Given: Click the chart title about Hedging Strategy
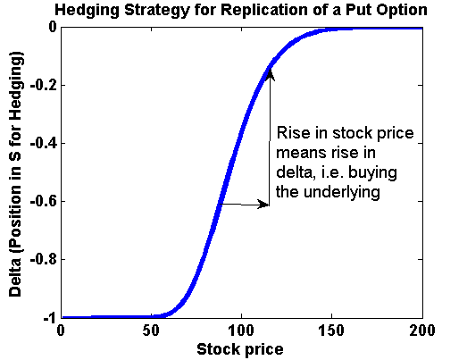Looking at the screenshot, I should point(239,12).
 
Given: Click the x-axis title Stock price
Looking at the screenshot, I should point(239,348).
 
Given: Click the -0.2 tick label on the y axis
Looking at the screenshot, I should point(41,85).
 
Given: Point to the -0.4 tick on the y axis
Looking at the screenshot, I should point(41,143).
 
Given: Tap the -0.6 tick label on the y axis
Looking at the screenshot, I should point(41,201).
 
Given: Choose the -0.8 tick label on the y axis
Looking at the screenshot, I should point(41,259).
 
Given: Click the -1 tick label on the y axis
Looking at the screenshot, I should point(46,317).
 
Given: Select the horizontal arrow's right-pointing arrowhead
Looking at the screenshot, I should point(264,205).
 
